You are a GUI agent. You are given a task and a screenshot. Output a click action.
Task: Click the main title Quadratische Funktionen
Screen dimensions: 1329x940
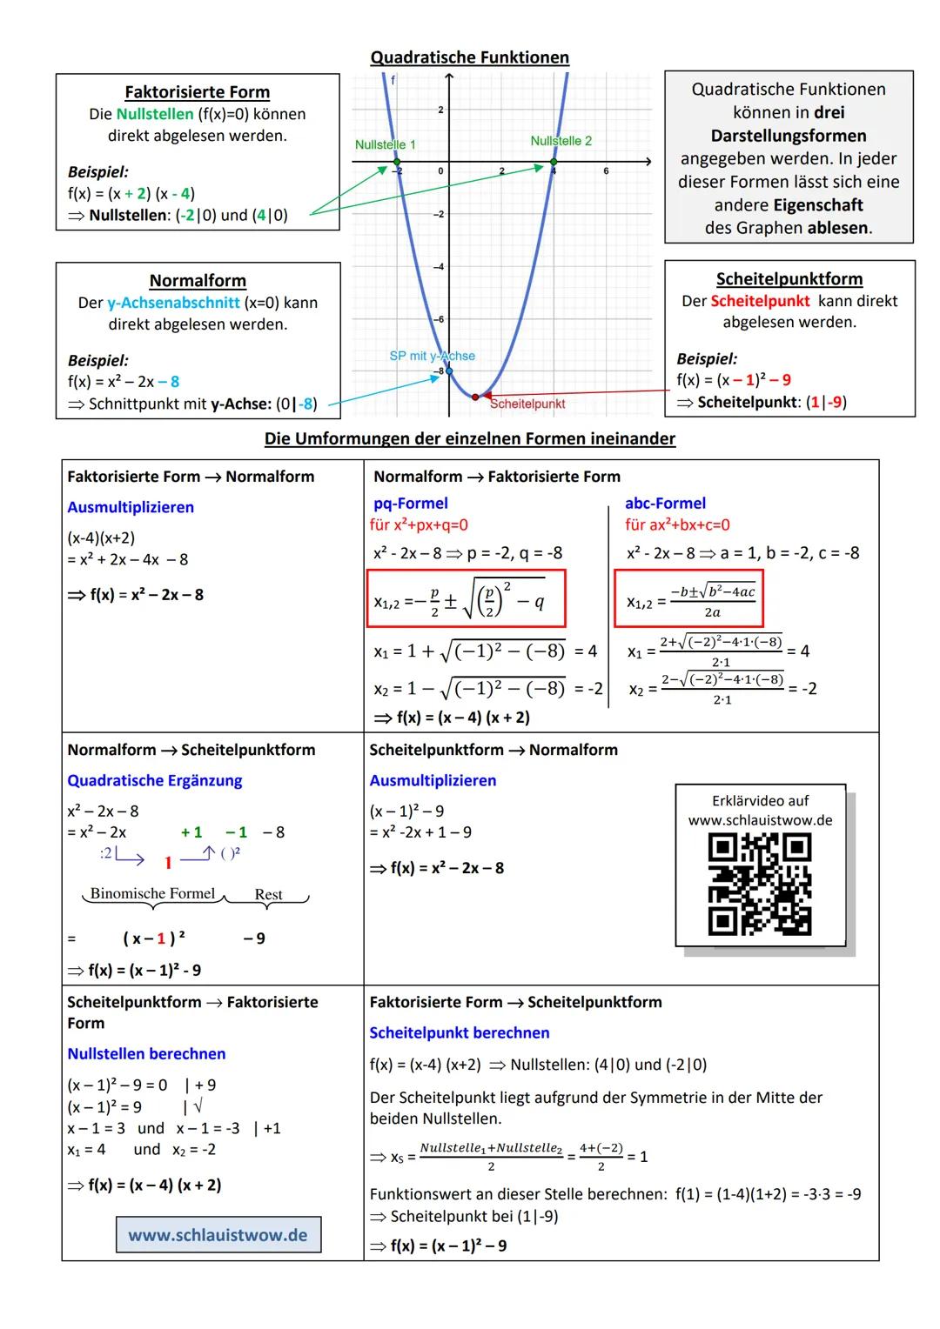pyautogui.click(x=469, y=57)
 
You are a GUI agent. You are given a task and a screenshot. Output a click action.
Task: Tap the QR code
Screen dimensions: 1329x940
pyautogui.click(x=760, y=884)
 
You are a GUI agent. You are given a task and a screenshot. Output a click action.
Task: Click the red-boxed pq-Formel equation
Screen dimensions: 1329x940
pyautogui.click(x=467, y=598)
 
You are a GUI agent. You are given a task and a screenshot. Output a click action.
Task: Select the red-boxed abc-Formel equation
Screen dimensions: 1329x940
pyautogui.click(x=688, y=598)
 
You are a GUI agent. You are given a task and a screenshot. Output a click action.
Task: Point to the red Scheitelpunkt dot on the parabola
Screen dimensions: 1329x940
pyautogui.click(x=475, y=397)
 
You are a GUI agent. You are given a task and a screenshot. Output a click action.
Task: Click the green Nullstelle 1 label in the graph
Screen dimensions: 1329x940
pyautogui.click(x=385, y=144)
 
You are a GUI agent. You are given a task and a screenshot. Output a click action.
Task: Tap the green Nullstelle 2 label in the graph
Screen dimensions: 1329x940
pyautogui.click(x=561, y=141)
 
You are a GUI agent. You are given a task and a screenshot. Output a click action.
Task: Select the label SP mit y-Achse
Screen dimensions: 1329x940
pyautogui.click(x=432, y=356)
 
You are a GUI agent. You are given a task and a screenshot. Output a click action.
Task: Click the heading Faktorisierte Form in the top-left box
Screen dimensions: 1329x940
pyautogui.click(x=197, y=92)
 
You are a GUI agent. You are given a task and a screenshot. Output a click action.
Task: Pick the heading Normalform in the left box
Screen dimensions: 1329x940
pyautogui.click(x=198, y=281)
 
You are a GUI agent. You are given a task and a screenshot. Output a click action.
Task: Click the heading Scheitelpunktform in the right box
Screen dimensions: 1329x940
pyautogui.click(x=789, y=279)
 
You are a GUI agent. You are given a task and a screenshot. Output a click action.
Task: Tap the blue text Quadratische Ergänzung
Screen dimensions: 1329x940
pyautogui.click(x=155, y=780)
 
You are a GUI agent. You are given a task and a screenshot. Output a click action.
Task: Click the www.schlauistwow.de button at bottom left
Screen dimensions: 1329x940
pyautogui.click(x=218, y=1235)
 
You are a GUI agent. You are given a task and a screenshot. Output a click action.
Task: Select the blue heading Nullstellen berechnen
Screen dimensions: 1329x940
pyautogui.click(x=146, y=1053)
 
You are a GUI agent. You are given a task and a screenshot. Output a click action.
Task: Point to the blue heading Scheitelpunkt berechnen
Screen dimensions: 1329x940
pyautogui.click(x=460, y=1032)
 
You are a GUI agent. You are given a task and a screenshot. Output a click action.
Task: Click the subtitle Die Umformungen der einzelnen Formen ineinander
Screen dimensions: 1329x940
pyautogui.click(x=469, y=438)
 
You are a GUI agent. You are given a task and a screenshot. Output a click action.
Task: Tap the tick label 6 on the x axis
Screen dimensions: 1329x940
pyautogui.click(x=606, y=172)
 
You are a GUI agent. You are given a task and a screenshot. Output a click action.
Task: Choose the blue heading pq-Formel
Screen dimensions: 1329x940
pyautogui.click(x=411, y=503)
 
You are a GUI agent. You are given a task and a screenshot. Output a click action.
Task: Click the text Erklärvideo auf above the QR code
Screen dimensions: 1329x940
pyautogui.click(x=760, y=800)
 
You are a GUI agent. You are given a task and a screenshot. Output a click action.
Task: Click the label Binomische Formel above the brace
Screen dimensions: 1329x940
pyautogui.click(x=152, y=893)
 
